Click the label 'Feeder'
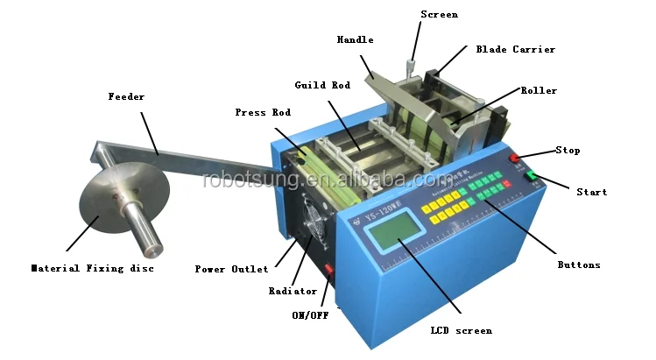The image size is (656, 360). click(126, 95)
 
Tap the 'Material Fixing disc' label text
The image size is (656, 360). click(92, 268)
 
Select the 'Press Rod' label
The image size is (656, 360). click(263, 112)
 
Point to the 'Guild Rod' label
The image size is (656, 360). click(321, 85)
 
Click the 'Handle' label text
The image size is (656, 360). click(355, 39)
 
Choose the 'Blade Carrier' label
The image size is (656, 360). click(515, 49)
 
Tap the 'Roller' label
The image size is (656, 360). click(539, 90)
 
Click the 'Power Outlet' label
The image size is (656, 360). click(232, 269)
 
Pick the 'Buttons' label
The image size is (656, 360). click(579, 264)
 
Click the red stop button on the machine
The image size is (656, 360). click(517, 159)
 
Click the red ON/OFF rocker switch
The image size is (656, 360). click(330, 267)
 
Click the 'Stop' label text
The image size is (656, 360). click(568, 150)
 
